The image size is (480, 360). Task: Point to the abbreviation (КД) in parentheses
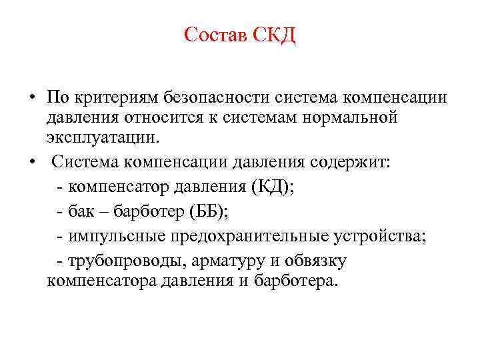tap(271, 187)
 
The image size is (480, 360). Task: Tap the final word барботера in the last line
tap(293, 281)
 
